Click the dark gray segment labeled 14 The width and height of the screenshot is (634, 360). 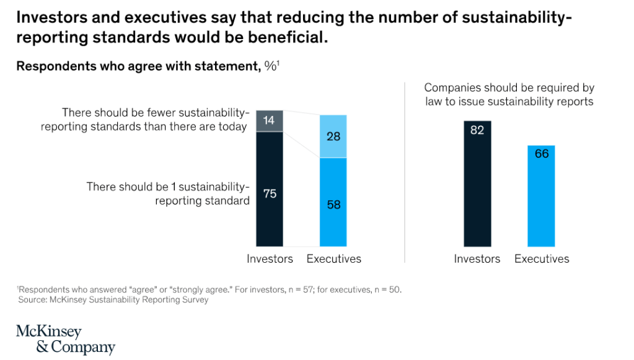(x=270, y=121)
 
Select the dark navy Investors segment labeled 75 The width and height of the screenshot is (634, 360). (x=270, y=189)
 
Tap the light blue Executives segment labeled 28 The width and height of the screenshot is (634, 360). (x=333, y=136)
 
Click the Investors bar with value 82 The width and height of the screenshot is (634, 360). (x=477, y=186)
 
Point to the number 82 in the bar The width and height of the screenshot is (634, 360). (x=477, y=130)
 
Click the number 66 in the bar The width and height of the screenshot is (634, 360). (x=541, y=154)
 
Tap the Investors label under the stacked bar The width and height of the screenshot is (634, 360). (x=270, y=259)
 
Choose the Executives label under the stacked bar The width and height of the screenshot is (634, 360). (x=333, y=259)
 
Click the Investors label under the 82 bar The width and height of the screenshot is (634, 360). (x=477, y=259)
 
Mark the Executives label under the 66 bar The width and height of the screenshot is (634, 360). (x=541, y=259)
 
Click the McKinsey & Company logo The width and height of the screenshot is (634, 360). (x=65, y=339)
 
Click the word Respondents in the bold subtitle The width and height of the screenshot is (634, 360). (x=53, y=66)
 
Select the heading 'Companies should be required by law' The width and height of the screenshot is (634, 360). (x=509, y=95)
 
